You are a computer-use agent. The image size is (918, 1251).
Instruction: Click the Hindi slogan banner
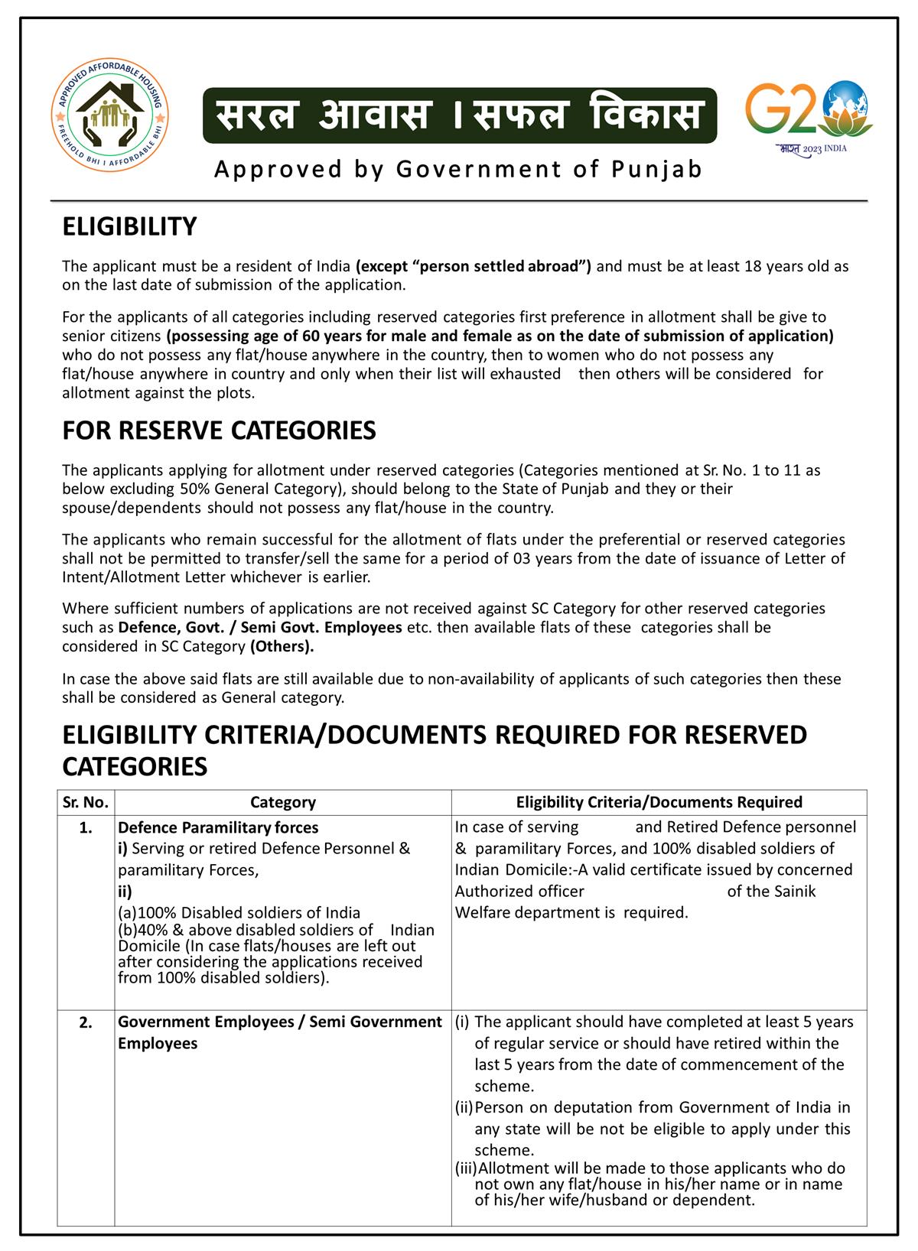(x=459, y=115)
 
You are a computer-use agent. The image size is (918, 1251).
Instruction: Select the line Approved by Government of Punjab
(x=458, y=169)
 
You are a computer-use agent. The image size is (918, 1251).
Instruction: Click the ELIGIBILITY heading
(x=129, y=227)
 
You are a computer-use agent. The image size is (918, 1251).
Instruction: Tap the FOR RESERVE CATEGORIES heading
(x=219, y=431)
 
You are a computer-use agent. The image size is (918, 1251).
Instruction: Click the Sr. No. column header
(x=86, y=802)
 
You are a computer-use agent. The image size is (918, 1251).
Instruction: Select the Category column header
(x=282, y=802)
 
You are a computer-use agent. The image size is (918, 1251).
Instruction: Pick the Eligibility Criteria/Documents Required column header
(x=659, y=802)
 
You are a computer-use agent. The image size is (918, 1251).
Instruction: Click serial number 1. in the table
(x=86, y=827)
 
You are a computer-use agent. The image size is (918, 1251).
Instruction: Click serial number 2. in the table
(x=86, y=1022)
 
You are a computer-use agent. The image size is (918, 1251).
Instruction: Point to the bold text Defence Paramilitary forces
(x=218, y=827)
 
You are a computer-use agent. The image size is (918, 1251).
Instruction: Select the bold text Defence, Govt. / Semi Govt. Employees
(x=260, y=628)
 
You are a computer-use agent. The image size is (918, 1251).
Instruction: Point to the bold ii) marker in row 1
(x=125, y=892)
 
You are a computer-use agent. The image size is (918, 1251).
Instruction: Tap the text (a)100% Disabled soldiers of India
(x=239, y=913)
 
